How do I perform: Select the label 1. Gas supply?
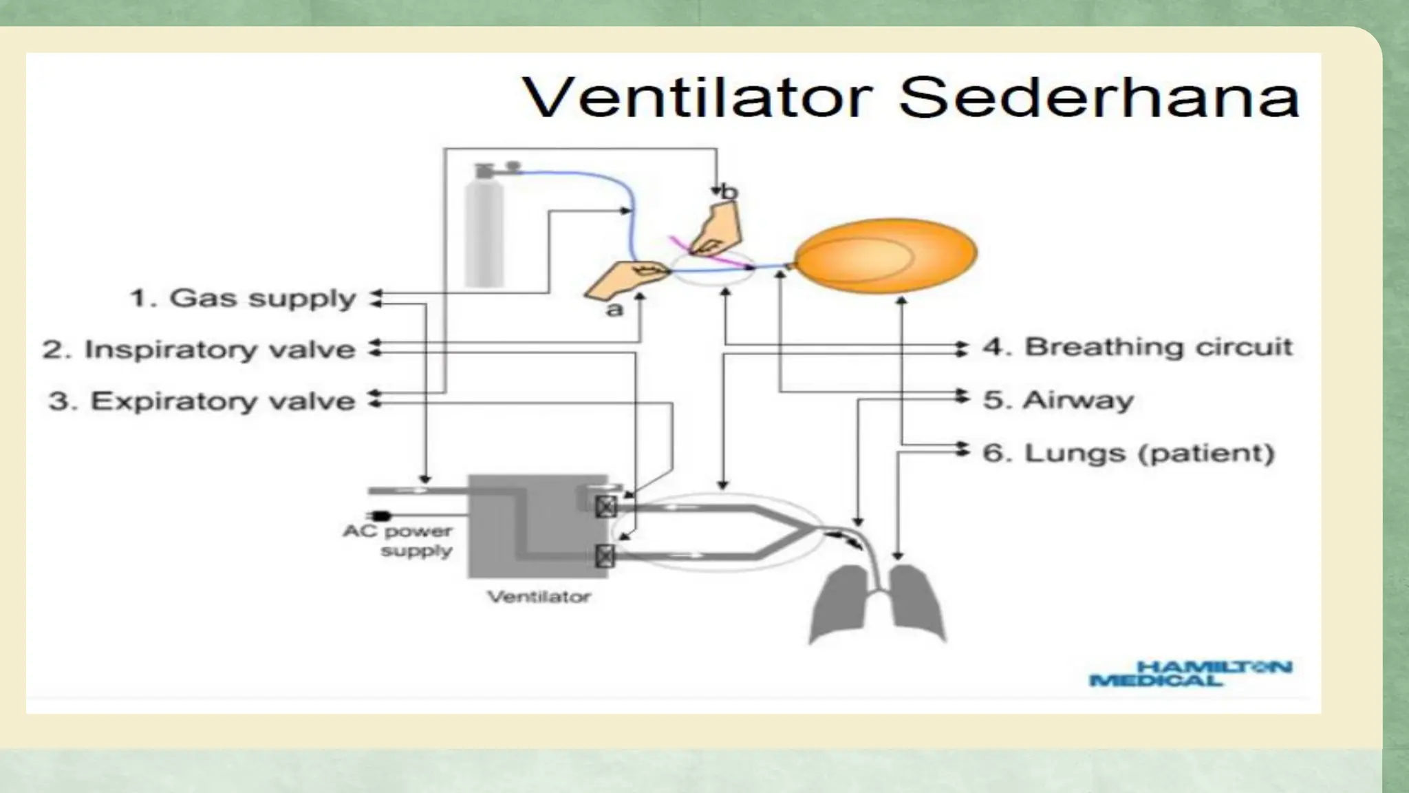[243, 298]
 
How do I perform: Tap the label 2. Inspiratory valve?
[199, 349]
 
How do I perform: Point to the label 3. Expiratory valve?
[202, 401]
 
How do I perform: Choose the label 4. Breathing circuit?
[1137, 347]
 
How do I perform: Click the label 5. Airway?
[1058, 400]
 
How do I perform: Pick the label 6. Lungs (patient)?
[1128, 453]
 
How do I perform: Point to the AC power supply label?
[398, 540]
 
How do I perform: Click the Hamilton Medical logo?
[1191, 673]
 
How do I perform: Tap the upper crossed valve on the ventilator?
[605, 507]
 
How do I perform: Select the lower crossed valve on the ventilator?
[605, 555]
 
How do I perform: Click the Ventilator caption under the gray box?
[539, 596]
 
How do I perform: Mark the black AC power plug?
[379, 516]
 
